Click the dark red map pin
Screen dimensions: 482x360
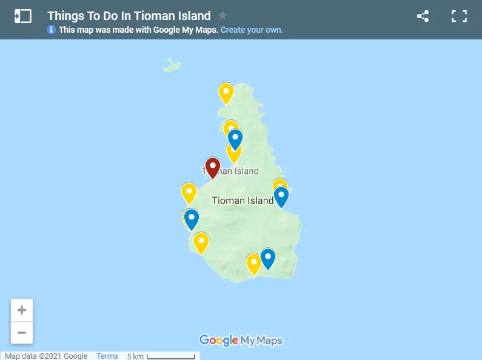pos(213,167)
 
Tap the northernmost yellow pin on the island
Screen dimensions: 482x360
pos(226,93)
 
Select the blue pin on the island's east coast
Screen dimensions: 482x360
pos(281,196)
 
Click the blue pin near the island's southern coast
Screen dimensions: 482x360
pos(267,258)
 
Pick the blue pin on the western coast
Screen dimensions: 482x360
pos(192,218)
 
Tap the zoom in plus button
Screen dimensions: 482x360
pos(22,310)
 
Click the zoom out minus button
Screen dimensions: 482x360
pos(22,333)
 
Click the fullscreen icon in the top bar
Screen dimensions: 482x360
pos(459,16)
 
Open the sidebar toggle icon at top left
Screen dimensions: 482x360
pos(22,16)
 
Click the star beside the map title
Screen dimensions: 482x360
pos(223,16)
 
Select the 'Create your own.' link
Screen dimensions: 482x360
pos(252,30)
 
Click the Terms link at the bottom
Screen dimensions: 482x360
pos(107,356)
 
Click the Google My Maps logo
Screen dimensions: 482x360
pos(241,341)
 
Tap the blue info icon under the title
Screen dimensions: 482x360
pos(52,30)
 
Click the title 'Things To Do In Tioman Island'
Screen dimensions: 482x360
pos(129,16)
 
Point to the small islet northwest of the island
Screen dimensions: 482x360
pos(172,63)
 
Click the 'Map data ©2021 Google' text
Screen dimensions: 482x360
pos(46,356)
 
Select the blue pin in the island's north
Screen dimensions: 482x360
pos(235,139)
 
